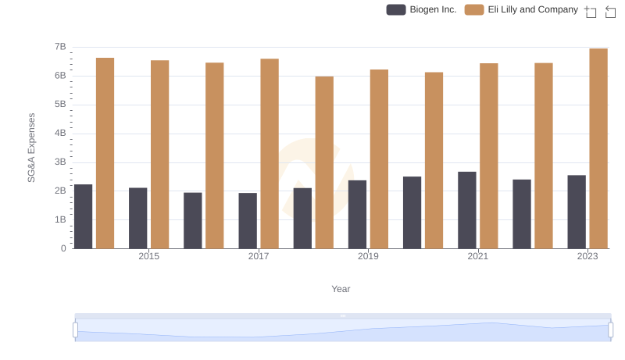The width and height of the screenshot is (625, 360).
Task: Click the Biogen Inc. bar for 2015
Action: coord(138,218)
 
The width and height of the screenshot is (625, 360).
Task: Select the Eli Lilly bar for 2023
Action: coord(598,148)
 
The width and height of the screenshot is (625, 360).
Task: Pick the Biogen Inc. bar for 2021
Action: coord(467,210)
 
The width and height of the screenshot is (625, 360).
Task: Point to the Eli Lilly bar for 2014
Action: coord(105,153)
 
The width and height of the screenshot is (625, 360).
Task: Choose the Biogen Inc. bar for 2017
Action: coord(248,220)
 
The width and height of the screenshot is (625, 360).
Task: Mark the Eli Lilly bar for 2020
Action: coord(434,160)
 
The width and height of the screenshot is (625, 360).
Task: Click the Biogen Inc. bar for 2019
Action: coord(357,214)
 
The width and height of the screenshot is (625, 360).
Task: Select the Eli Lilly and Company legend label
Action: coord(527,9)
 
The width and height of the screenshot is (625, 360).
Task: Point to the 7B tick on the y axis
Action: coord(60,47)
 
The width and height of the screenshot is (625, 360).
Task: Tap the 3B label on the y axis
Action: coord(60,162)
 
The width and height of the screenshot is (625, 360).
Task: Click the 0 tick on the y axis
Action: coord(63,248)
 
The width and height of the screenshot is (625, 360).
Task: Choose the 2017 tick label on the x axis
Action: coord(259,256)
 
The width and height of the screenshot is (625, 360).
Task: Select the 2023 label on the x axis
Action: coord(587,256)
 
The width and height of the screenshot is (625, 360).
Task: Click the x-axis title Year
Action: coord(341,289)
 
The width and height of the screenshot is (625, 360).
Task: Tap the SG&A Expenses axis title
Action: coord(32,148)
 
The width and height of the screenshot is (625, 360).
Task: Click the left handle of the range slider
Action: coord(75,330)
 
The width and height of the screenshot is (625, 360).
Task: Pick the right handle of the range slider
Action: coord(611,330)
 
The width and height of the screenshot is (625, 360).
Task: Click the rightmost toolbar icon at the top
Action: coord(610,11)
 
